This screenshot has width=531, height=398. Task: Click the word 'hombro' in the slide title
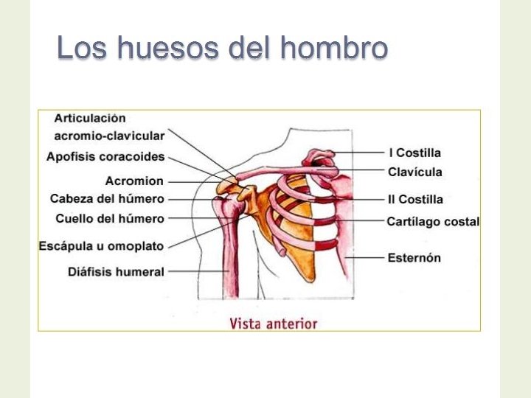[334, 49]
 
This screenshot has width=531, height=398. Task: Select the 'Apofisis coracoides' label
[105, 156]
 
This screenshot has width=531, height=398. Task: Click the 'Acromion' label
[134, 181]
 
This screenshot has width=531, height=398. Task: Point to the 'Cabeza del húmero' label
[107, 199]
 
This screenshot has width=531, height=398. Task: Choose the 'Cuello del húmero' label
[110, 218]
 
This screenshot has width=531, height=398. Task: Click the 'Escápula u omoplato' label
[102, 245]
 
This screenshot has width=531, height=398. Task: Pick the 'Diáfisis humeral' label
[116, 272]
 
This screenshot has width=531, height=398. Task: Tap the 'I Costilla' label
[415, 153]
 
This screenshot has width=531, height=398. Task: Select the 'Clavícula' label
[415, 172]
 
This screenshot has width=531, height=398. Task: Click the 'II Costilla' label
[416, 199]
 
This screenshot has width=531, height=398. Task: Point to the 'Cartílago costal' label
[433, 221]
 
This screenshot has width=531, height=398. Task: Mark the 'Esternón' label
[414, 258]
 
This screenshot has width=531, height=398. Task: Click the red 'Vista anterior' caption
[273, 324]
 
